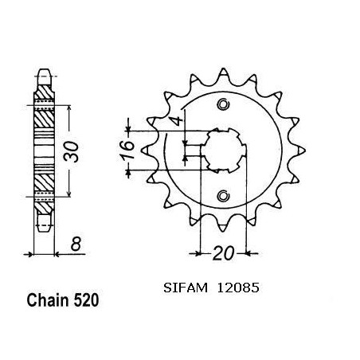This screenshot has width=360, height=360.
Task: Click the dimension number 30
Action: pyautogui.click(x=71, y=151)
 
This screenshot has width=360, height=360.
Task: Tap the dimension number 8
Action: pyautogui.click(x=76, y=244)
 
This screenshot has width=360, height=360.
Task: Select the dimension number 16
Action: pyautogui.click(x=127, y=151)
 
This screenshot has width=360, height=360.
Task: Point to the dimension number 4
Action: pyautogui.click(x=178, y=121)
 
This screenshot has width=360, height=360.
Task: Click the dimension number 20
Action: pyautogui.click(x=224, y=253)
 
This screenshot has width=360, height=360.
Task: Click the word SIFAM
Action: pyautogui.click(x=186, y=288)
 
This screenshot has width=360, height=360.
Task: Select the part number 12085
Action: pyautogui.click(x=238, y=288)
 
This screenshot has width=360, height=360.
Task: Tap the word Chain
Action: pyautogui.click(x=48, y=300)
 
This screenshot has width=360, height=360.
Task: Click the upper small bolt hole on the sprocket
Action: pyautogui.click(x=223, y=104)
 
